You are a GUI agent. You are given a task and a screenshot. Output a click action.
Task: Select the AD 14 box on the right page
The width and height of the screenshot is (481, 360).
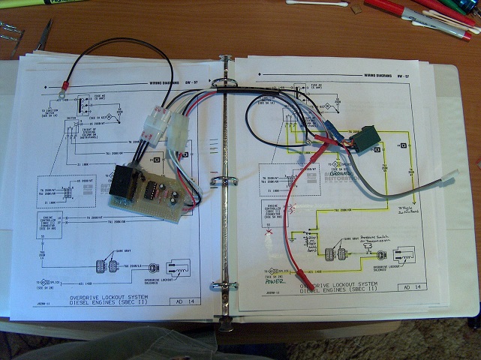pos(413,288)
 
